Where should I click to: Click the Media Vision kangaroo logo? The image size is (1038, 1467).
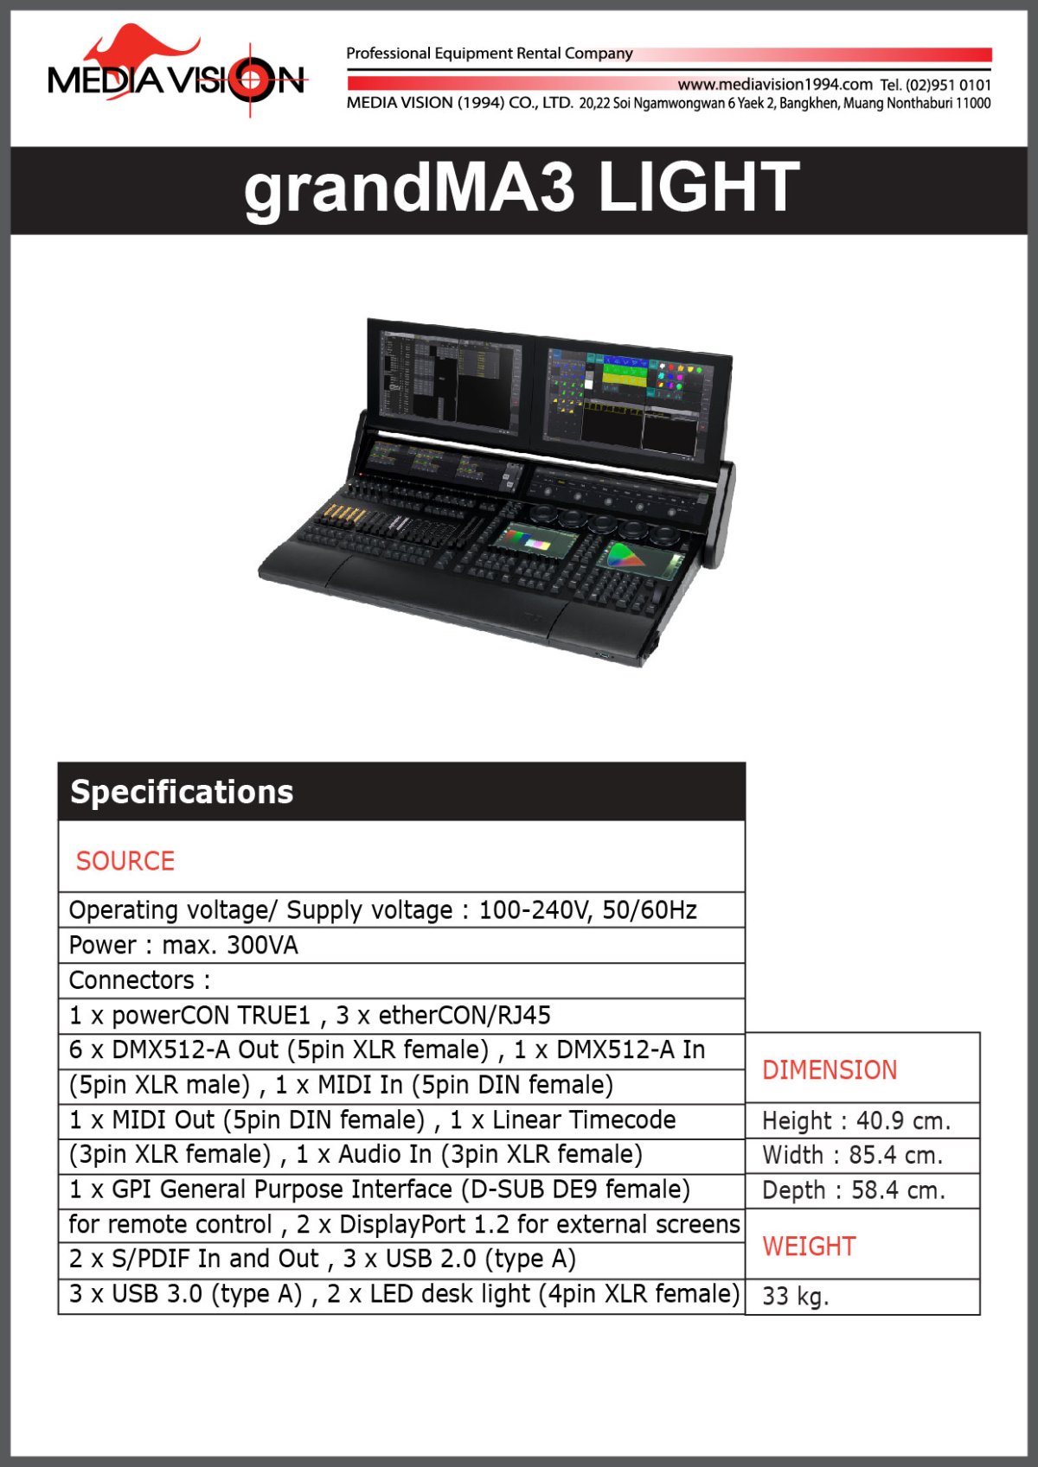(176, 73)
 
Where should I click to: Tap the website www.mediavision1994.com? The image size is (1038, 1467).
(774, 84)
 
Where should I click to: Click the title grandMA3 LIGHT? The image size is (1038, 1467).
(521, 188)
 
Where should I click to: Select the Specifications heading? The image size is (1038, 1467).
(182, 792)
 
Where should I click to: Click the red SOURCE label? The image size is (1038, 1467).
(125, 861)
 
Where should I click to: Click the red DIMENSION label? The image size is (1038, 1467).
(829, 1070)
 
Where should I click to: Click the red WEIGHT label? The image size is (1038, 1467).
(809, 1246)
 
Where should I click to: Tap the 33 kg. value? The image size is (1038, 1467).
(795, 1296)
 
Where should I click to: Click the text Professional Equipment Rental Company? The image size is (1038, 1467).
(489, 54)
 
